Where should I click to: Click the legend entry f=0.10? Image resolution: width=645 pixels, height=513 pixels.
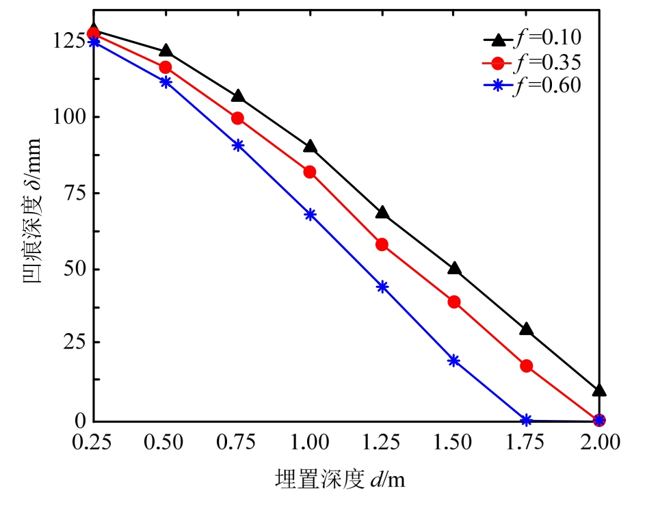[532, 38]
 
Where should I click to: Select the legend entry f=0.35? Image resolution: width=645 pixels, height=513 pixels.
[532, 64]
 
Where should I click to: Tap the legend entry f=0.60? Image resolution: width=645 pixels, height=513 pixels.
[532, 86]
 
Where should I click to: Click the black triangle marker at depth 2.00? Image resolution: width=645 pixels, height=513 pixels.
[598, 390]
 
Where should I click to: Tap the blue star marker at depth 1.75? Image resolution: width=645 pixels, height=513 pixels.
[526, 420]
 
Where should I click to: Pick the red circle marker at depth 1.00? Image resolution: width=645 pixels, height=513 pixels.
[310, 172]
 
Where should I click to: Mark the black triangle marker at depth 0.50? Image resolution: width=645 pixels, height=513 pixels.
[166, 51]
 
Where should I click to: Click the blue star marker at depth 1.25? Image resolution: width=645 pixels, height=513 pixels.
[382, 287]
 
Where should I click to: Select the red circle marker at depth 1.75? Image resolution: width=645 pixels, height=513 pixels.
[526, 366]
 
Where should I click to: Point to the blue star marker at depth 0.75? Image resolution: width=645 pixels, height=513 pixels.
[237, 145]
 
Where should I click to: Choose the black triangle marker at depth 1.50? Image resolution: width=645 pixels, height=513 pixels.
[454, 268]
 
